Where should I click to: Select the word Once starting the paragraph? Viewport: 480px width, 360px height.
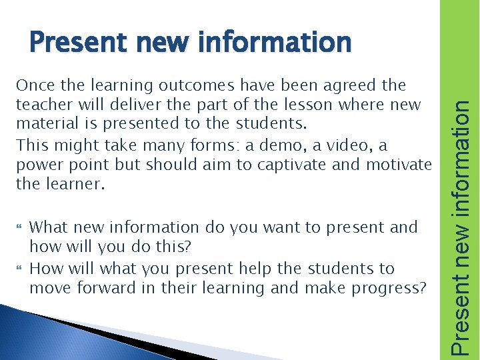tap(33, 85)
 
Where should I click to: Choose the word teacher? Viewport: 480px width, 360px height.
tap(41, 105)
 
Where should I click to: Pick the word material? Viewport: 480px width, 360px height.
tap(44, 124)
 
